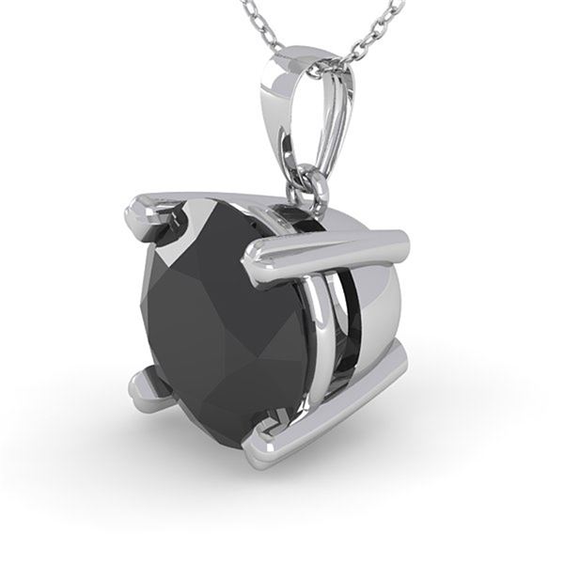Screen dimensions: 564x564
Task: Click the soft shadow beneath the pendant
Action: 282,498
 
